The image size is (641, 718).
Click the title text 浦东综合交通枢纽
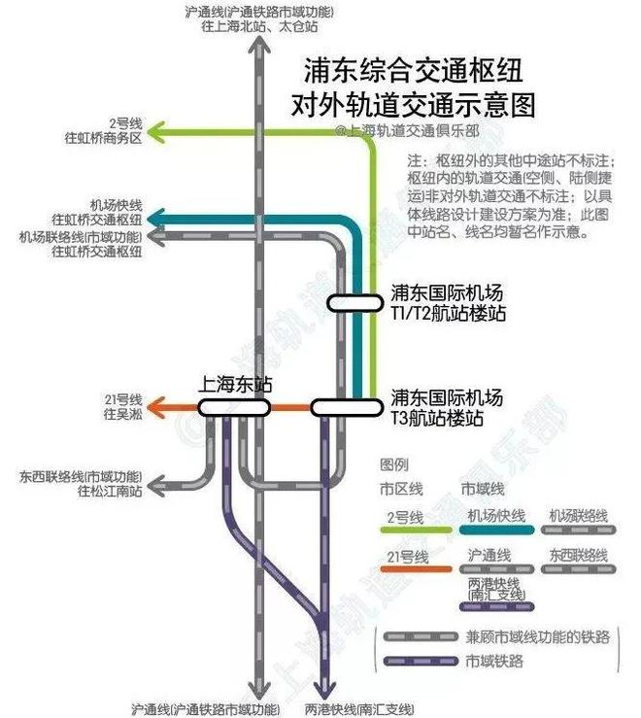pyautogui.click(x=414, y=70)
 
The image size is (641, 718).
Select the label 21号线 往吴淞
pyautogui.click(x=123, y=407)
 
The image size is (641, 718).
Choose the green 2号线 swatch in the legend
pyautogui.click(x=415, y=530)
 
